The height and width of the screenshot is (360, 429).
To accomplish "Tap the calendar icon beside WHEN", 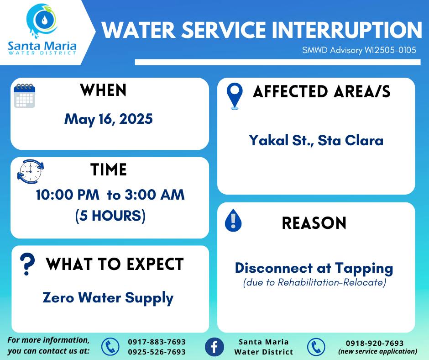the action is pos(25,95).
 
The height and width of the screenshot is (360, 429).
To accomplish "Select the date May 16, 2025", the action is pos(108,119).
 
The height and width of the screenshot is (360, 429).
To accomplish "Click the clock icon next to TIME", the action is pos(31,171).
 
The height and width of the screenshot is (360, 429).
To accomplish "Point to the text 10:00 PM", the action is pos(68,195).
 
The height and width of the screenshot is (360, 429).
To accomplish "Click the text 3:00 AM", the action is pos(155,195).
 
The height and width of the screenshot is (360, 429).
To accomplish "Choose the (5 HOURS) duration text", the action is pos(110,216).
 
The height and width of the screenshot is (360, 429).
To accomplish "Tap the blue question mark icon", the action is pos(27,264).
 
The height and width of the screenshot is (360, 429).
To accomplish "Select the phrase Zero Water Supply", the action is pos(108,298).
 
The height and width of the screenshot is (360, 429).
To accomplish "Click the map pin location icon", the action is pos(235,96).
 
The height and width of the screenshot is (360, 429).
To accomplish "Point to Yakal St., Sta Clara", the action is pos(316,140).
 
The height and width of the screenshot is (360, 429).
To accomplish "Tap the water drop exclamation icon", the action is pos(233,220).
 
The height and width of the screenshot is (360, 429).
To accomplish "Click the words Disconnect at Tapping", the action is pos(314,269).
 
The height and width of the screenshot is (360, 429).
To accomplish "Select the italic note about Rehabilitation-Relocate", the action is pos(314,282).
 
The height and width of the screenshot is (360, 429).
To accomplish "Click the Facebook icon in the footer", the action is pos(214,347).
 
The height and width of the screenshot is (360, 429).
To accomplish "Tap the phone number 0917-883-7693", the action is pos(157,342).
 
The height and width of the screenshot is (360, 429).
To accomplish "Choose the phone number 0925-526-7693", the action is pos(157,352).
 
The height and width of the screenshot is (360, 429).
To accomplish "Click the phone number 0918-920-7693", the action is pos(375,343).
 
